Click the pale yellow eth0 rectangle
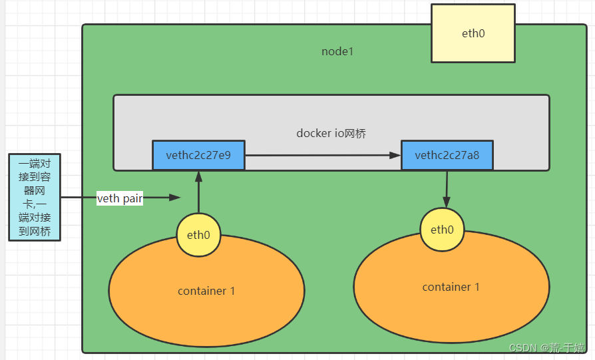[473, 33]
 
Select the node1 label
[337, 52]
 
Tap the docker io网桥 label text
[331, 133]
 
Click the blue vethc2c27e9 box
[198, 156]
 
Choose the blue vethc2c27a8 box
[447, 156]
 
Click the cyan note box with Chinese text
[35, 198]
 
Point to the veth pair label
[120, 198]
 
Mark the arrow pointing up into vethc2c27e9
[198, 193]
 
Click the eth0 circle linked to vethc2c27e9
[198, 235]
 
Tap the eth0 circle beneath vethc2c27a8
[442, 230]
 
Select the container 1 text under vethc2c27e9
[206, 291]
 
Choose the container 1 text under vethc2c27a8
[451, 287]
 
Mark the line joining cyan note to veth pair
[79, 198]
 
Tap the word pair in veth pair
[132, 198]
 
